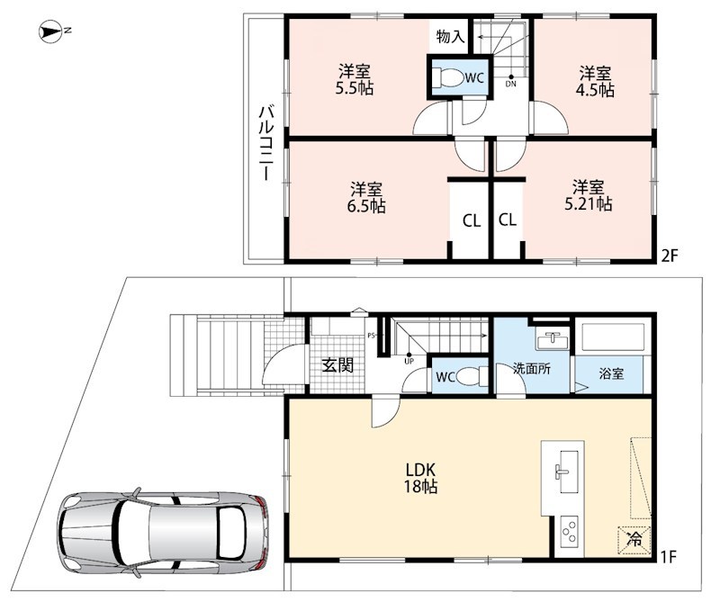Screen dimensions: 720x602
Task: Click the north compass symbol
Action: tap(50, 31)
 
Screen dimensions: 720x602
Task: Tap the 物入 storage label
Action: tap(451, 36)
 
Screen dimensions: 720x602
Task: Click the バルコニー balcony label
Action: tap(265, 142)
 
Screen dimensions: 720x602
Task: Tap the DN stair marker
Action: tap(510, 84)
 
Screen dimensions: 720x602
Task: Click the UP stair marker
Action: tap(409, 361)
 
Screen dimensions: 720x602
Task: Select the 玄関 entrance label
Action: tap(337, 365)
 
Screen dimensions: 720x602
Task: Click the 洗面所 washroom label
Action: tap(532, 368)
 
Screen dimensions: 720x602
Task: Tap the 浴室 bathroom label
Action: tap(611, 373)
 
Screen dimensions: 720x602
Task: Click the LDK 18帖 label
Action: tap(420, 478)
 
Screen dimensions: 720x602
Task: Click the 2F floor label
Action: tap(670, 256)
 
